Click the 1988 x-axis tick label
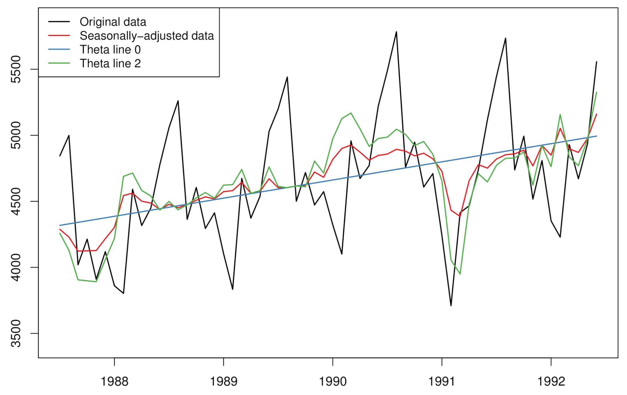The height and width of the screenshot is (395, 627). coord(114,381)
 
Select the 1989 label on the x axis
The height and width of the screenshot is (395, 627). coord(223,381)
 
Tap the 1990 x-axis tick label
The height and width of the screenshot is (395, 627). coord(333,381)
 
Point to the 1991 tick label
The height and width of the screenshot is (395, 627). coord(442,381)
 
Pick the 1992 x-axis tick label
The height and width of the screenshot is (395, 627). coord(551,381)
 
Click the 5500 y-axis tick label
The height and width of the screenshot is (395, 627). coord(16,69)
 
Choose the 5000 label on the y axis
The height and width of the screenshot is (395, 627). coord(16,135)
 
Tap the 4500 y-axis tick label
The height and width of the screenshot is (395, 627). coord(16,201)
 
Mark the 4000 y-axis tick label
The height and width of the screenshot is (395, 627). coord(16,267)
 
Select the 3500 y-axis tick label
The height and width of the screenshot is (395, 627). coord(16,334)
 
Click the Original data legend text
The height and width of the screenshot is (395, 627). coord(113,22)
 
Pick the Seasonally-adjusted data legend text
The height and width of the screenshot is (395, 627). coord(147,36)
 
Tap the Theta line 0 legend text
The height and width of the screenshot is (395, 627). coord(110,50)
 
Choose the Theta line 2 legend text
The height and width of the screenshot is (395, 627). coord(110,63)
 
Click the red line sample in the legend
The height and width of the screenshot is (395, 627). coord(59,36)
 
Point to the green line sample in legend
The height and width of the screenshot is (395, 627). coord(59,63)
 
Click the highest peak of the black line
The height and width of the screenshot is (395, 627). coord(396,32)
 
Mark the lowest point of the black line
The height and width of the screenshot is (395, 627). coord(451,305)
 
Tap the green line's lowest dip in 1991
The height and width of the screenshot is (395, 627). coord(460,274)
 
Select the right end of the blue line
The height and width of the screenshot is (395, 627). coord(597,136)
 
